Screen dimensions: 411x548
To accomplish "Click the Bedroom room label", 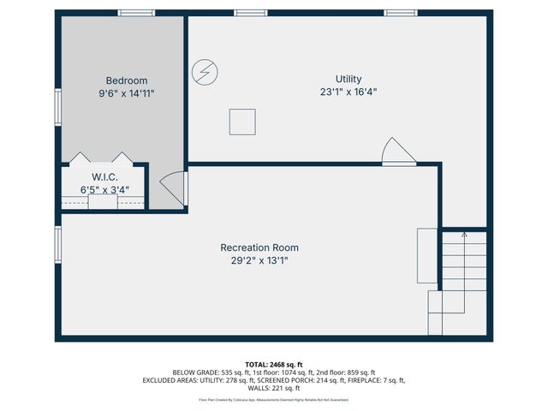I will tap(127, 80).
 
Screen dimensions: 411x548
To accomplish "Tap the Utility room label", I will tap(348, 78).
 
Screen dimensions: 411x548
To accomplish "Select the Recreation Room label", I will tap(259, 247).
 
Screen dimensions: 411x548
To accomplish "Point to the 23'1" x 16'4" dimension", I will tap(348, 92).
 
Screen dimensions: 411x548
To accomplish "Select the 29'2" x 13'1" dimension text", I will tap(259, 260).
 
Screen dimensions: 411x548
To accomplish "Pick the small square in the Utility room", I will tap(242, 122).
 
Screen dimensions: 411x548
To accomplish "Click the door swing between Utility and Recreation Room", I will tap(396, 152).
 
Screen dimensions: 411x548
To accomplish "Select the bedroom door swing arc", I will tap(173, 188).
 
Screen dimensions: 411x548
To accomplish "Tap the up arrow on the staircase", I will tap(464, 235).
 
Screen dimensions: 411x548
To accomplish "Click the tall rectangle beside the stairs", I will tap(426, 255).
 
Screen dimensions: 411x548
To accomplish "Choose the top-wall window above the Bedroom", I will tap(136, 12).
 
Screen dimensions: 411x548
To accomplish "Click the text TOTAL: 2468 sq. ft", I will tap(273, 365).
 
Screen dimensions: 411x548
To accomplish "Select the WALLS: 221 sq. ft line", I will tap(274, 388).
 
